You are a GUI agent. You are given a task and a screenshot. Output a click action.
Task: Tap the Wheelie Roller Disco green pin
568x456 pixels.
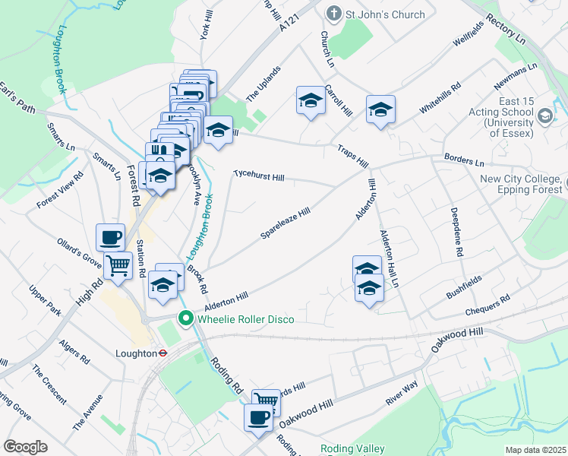(184, 319)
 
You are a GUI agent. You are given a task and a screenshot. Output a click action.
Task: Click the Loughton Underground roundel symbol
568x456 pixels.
(162, 353)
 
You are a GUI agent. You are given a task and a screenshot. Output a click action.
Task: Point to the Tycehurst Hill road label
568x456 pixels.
(258, 176)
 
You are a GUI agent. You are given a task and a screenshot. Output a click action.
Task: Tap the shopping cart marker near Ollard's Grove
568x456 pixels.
(118, 266)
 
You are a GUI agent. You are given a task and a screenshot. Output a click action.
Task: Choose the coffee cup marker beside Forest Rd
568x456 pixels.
(111, 236)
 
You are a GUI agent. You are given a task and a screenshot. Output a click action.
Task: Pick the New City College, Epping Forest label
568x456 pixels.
(523, 185)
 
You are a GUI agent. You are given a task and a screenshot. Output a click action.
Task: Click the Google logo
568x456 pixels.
(25, 447)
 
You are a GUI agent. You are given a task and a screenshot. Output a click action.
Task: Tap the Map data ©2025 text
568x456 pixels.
(536, 450)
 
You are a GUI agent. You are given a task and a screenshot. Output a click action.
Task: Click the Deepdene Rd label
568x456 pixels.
(458, 231)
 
